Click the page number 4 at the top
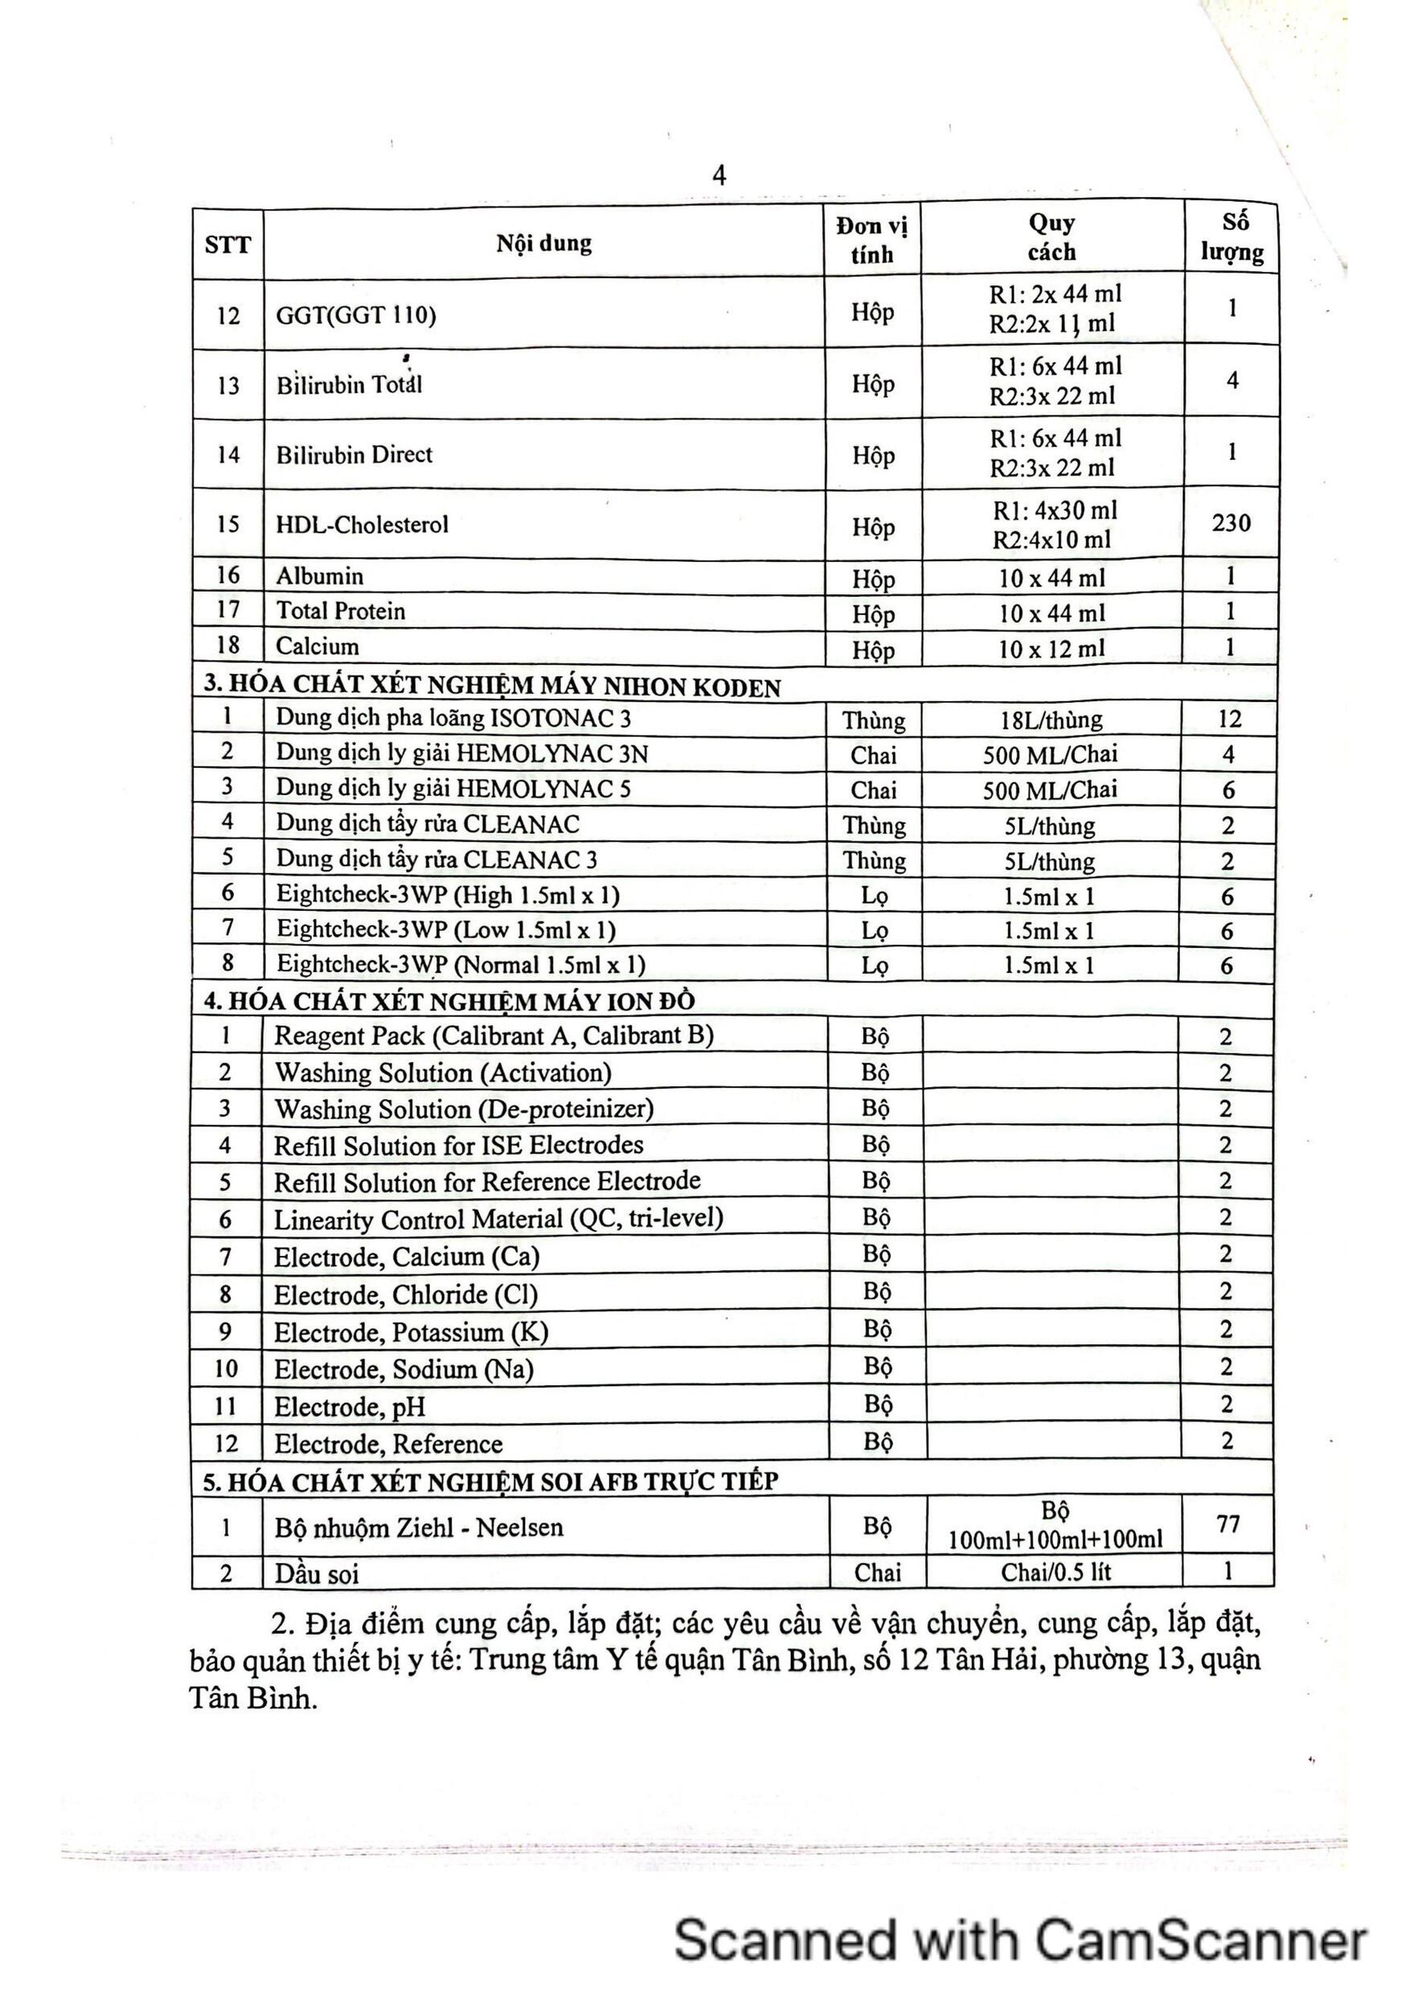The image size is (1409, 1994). tap(719, 176)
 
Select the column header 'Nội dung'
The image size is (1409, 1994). tap(543, 243)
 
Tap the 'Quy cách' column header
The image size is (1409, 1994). tap(1051, 238)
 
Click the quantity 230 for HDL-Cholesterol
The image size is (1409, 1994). tap(1231, 523)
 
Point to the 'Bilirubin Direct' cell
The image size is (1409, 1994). tap(354, 455)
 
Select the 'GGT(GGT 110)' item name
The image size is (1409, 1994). tap(356, 315)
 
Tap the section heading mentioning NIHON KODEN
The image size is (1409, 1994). tap(491, 687)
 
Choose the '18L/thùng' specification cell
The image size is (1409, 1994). tap(1051, 720)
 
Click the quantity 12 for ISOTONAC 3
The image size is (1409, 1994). tap(1229, 719)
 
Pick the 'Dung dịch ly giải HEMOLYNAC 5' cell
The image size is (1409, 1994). tap(453, 789)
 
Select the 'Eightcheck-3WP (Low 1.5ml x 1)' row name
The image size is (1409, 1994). tap(446, 930)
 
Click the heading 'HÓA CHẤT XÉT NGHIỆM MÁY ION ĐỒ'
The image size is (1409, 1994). tap(449, 1000)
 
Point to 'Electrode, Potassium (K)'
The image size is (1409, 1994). tap(411, 1332)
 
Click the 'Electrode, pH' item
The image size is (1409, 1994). tap(350, 1407)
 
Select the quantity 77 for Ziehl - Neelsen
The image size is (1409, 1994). tap(1227, 1524)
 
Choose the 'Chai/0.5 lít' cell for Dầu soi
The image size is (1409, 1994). tap(1055, 1572)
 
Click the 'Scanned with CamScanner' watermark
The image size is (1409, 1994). tap(1020, 1940)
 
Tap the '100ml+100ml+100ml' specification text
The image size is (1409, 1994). tap(1055, 1540)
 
